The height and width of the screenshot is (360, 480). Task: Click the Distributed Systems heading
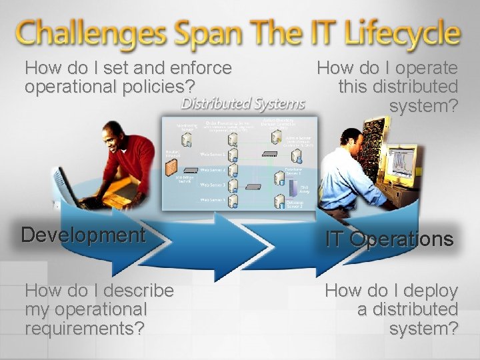coord(243,103)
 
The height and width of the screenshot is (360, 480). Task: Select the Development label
coord(83,235)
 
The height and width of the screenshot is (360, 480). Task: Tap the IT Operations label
coord(389,239)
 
